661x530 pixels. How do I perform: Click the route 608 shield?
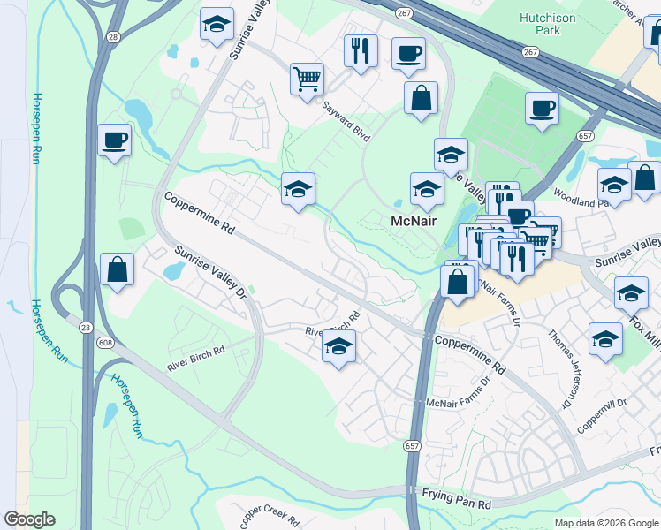pos(103,343)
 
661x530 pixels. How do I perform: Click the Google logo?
pos(30,519)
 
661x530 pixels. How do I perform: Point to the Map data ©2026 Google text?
pos(606,523)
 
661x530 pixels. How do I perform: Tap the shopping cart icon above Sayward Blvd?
pos(306,79)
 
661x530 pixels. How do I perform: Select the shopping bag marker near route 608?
pos(118,270)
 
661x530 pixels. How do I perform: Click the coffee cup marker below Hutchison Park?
pos(541,110)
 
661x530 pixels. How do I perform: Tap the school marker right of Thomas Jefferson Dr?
pos(605,338)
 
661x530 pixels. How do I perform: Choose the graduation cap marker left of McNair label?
pos(298,188)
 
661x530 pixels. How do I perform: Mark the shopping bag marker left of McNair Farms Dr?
pos(457,282)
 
